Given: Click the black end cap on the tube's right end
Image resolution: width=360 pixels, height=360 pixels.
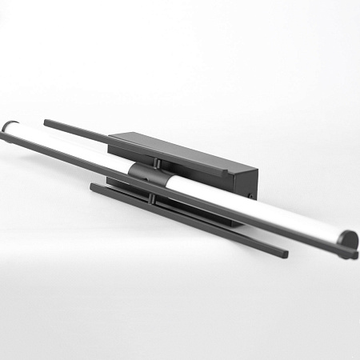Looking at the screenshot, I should [348, 239].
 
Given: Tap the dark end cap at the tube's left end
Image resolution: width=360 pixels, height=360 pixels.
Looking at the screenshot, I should [9, 126].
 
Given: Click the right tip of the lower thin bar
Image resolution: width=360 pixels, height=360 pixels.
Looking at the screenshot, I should [285, 254].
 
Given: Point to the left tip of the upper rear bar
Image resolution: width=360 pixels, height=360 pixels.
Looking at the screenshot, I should [46, 122].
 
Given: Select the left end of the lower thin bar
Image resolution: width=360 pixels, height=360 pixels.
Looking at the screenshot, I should [93, 186].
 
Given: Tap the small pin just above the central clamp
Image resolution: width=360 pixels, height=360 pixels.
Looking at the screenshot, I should [158, 163].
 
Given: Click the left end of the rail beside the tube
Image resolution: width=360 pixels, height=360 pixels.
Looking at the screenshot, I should [5, 138].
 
